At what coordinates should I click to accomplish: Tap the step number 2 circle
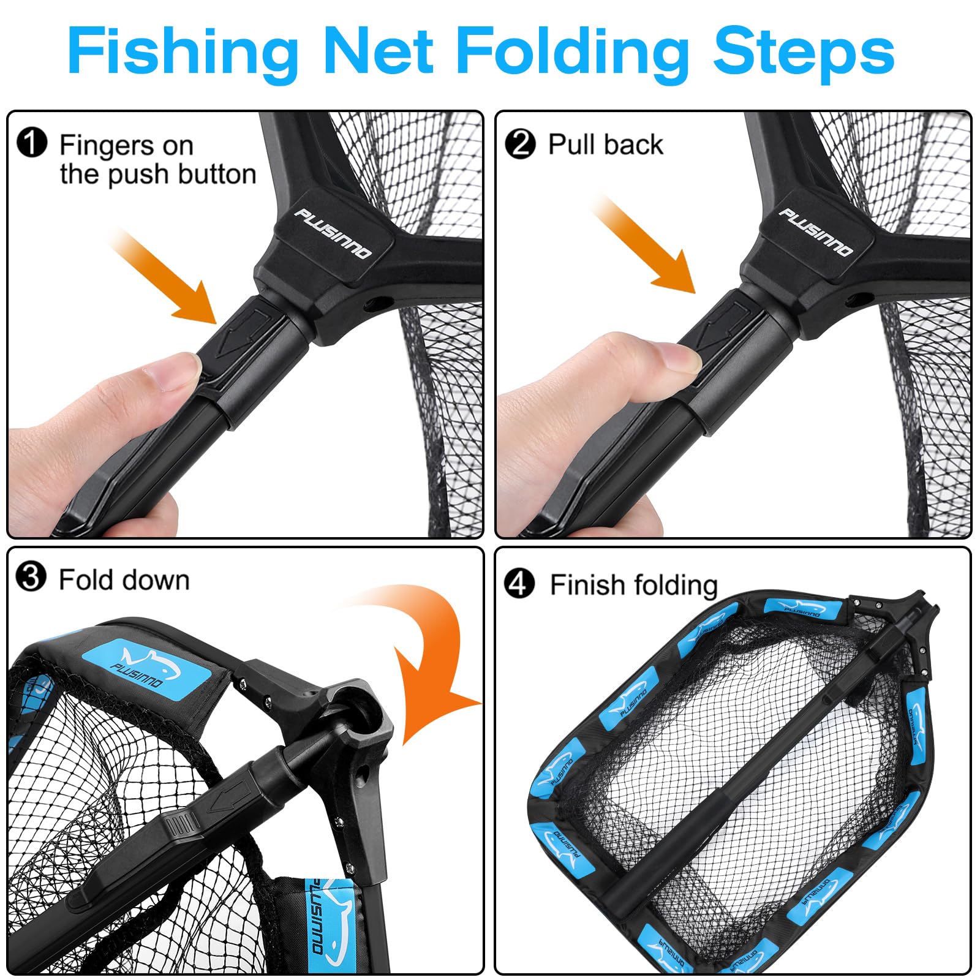click(x=520, y=144)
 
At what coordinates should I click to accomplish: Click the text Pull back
click(x=605, y=145)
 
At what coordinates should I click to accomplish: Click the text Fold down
click(x=124, y=579)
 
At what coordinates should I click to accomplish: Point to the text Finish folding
click(x=633, y=585)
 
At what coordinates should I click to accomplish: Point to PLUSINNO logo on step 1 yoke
click(x=333, y=233)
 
